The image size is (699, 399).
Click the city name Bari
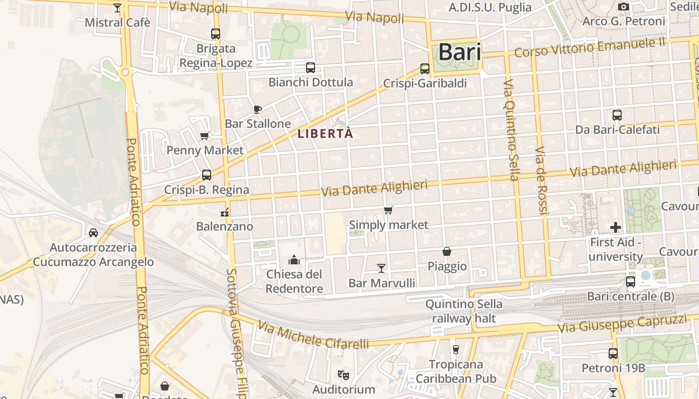pos(459,52)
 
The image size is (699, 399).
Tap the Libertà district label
pos(325,134)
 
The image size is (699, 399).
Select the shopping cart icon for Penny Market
pos(204,136)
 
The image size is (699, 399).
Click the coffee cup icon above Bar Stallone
pos(258,109)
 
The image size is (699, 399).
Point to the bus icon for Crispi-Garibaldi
pos(425,69)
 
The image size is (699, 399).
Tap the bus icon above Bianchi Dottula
pos(311,68)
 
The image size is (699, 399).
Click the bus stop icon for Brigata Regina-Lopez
pos(216,34)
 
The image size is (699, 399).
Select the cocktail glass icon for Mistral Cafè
pos(117,8)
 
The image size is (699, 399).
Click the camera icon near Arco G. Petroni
pos(624,6)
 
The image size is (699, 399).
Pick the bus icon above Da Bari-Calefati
pos(617,115)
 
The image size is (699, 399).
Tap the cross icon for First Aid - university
pos(616,227)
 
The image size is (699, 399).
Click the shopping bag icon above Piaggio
pos(447,252)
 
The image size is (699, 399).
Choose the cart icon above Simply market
pos(388,210)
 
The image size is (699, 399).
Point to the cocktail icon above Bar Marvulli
pos(381,268)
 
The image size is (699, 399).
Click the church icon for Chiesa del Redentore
pos(294,260)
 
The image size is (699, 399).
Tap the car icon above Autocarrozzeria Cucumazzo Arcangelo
pos(93,233)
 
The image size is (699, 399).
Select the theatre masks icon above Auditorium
pos(343,374)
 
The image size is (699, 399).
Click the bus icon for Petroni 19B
pos(613,354)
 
